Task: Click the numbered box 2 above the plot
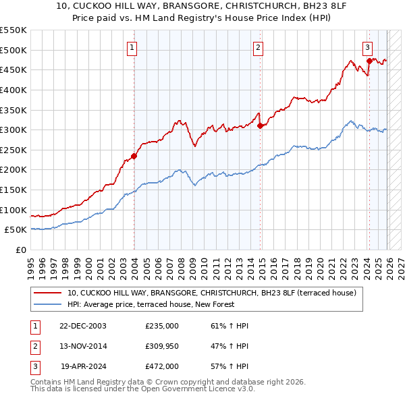pos(258,47)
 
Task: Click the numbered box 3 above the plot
pos(367,47)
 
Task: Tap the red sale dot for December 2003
pos(134,156)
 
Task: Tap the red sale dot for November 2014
pos(260,125)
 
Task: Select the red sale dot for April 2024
pos(369,61)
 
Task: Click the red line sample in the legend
pos(48,293)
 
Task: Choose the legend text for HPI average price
pos(151,304)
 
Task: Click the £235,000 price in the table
pos(162,326)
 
